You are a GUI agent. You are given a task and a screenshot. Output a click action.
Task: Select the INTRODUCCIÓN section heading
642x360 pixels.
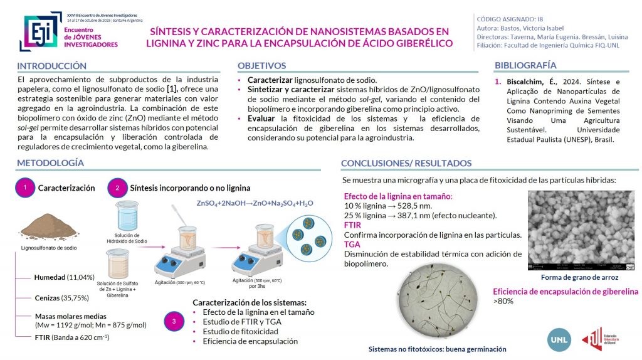pos(51,66)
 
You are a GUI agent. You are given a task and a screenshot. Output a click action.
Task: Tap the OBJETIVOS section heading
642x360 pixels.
pos(261,66)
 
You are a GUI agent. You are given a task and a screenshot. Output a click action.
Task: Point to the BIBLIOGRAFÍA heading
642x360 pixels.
pos(525,65)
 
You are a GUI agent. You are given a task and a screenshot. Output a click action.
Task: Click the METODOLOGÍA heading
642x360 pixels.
pos(50,163)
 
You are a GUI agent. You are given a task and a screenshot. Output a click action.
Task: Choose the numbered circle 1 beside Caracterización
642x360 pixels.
pos(24,188)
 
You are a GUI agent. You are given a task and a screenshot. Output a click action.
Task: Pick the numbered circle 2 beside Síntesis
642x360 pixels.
pos(117,188)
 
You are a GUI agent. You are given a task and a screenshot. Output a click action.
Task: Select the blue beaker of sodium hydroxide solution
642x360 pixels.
pos(127,215)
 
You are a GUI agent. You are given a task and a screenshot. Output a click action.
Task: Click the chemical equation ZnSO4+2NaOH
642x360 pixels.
pos(255,203)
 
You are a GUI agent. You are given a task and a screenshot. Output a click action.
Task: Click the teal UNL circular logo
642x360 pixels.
pos(558,339)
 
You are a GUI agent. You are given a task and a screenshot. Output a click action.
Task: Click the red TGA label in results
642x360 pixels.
pos(352,245)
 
